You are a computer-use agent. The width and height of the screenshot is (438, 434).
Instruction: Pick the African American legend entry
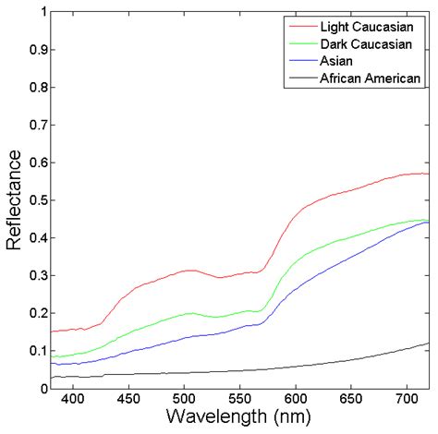[371, 78]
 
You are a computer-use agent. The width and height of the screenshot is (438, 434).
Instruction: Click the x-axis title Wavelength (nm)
[239, 419]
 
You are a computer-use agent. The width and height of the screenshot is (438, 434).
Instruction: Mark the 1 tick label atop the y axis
[41, 13]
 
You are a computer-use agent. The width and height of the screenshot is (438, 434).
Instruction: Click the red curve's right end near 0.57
[429, 174]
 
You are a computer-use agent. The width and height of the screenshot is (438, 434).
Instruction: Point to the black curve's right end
[429, 344]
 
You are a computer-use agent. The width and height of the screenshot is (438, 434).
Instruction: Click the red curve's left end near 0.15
[51, 332]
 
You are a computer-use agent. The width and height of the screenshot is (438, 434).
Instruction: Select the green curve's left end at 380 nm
[51, 356]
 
